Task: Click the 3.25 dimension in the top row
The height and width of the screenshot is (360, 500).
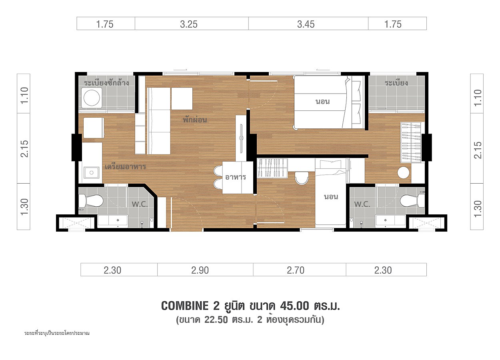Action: [x=189, y=24]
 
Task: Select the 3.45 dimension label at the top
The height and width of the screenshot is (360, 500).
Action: [x=306, y=24]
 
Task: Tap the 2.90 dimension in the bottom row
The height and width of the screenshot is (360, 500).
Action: [x=200, y=270]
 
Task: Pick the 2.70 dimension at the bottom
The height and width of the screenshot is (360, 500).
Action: [x=296, y=270]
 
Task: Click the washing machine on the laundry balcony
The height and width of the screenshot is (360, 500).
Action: [x=92, y=98]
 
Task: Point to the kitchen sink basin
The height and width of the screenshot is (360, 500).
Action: [x=91, y=172]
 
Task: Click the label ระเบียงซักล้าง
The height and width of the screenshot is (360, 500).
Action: [x=106, y=83]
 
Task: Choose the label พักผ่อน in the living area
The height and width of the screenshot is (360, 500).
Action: [x=195, y=120]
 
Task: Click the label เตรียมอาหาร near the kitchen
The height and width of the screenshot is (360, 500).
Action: [x=126, y=166]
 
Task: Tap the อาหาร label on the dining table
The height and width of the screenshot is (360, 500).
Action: [x=236, y=177]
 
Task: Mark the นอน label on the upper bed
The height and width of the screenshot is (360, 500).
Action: [x=322, y=102]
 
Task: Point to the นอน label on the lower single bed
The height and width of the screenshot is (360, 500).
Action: [x=331, y=197]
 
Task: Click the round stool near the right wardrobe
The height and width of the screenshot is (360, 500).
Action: [x=403, y=172]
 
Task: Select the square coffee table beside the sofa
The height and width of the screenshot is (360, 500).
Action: [x=182, y=98]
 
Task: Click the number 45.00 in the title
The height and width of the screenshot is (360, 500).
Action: [x=295, y=306]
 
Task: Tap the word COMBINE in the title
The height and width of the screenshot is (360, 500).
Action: [x=185, y=306]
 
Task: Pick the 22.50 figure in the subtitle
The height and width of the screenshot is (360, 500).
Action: [x=216, y=320]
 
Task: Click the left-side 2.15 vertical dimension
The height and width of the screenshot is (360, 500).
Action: [x=24, y=149]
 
